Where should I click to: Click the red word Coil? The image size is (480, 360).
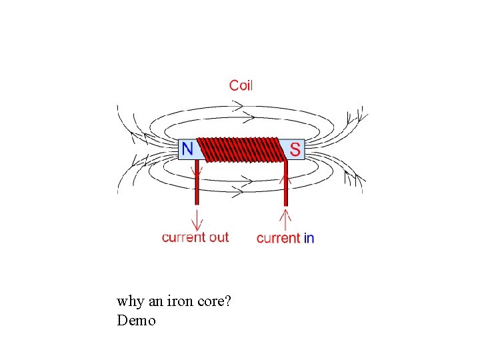click(241, 85)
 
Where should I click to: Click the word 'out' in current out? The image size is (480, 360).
click(214, 237)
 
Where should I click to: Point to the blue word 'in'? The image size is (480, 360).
click(309, 238)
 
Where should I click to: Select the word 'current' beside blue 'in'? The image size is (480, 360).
click(278, 238)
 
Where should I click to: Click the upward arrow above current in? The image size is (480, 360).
click(286, 218)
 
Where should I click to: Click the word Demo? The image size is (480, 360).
click(136, 321)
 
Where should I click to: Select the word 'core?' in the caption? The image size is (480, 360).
click(215, 301)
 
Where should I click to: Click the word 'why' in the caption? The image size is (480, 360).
click(131, 301)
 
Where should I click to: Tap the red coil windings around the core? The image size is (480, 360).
click(241, 150)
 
